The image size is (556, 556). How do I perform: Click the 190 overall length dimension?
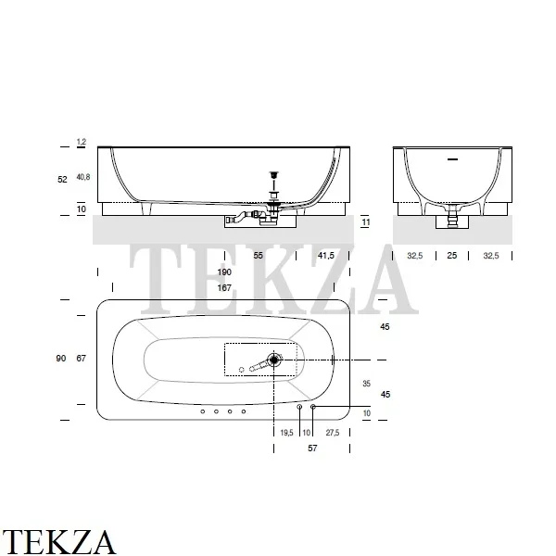[x=224, y=272]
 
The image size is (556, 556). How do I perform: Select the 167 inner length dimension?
[x=224, y=287]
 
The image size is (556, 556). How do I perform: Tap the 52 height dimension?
[x=62, y=180]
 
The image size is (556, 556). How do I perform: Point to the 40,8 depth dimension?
[x=83, y=177]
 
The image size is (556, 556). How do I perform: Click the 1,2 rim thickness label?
[x=82, y=142]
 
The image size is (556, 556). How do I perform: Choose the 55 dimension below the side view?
[x=259, y=256]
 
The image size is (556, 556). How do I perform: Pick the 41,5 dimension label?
[x=325, y=256]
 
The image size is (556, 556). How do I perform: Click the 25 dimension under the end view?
[x=452, y=256]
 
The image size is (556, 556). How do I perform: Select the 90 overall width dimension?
[x=61, y=358]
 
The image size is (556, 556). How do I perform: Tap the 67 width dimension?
[x=82, y=358]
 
